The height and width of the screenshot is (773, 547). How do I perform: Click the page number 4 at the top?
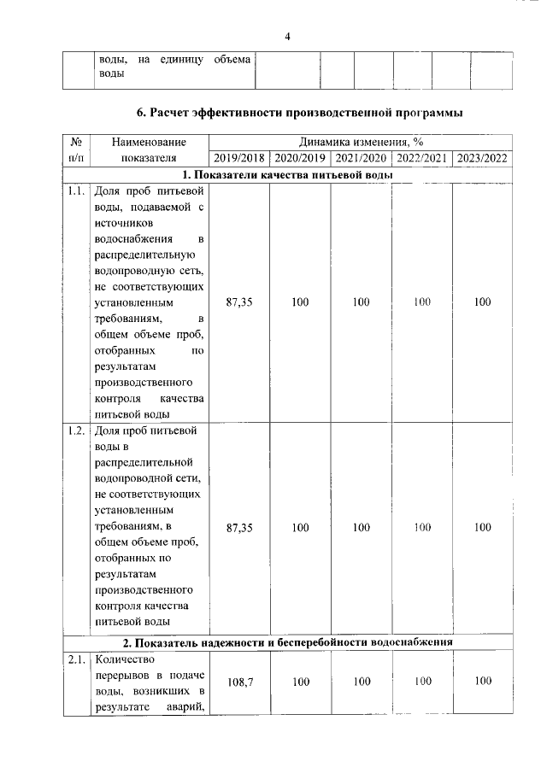(288, 36)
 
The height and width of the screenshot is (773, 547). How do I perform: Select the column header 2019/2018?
(238, 158)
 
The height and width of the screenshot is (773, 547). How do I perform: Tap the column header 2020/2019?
(300, 158)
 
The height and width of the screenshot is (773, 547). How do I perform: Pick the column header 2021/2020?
(361, 158)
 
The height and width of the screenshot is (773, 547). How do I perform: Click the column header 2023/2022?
(483, 158)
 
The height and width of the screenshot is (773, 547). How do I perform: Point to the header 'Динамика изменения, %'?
(361, 142)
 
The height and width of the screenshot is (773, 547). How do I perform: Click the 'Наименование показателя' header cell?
(148, 149)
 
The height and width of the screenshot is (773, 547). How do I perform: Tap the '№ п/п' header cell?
(75, 149)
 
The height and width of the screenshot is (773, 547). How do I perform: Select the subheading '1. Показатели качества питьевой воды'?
(287, 175)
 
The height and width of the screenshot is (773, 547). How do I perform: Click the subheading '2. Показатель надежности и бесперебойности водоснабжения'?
(287, 641)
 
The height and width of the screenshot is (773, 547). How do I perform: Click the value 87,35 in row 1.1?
(239, 302)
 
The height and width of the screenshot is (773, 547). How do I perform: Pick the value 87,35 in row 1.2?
(239, 528)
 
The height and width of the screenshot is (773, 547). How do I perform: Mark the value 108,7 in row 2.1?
(239, 682)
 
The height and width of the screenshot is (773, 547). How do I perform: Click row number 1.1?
(75, 191)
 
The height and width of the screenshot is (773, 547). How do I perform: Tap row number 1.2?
(75, 430)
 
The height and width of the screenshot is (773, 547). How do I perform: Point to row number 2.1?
(75, 659)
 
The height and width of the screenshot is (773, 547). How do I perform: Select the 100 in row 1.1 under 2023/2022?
(483, 302)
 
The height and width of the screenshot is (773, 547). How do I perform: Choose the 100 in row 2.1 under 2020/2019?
(300, 682)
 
